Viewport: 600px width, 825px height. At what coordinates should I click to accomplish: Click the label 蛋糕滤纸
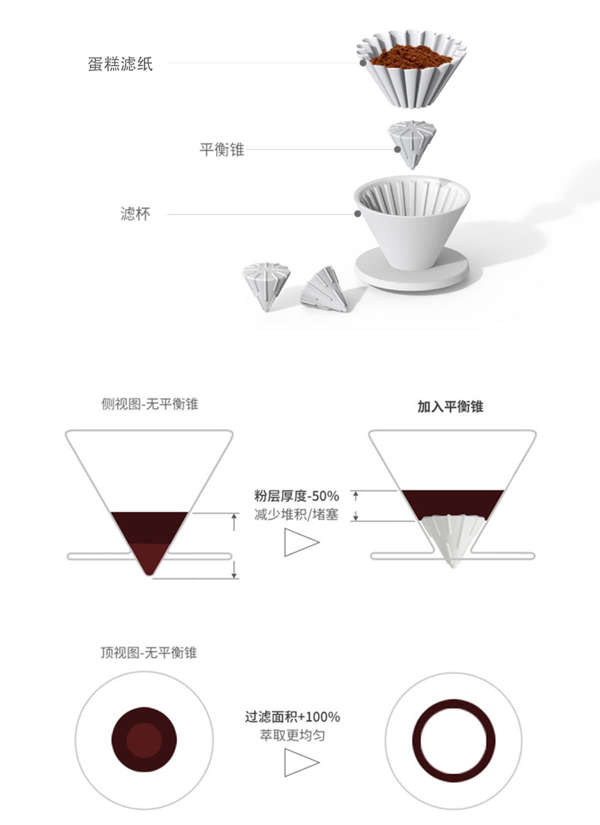tap(120, 64)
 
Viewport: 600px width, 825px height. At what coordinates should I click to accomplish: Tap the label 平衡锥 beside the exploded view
tap(221, 150)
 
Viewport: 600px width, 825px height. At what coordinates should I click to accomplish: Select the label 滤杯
tap(135, 214)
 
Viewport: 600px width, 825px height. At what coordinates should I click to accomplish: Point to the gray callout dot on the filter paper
tap(362, 63)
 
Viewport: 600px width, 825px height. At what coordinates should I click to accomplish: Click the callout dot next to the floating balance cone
tap(397, 149)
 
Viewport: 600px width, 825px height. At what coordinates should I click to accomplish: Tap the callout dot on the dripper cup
tap(357, 214)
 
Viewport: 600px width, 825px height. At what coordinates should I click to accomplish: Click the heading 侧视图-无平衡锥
tap(149, 404)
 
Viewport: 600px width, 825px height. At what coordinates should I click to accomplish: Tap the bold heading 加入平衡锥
tap(450, 406)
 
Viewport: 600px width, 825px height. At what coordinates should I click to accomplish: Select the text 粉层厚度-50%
tap(296, 496)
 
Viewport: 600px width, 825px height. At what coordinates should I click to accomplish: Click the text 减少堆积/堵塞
tap(296, 514)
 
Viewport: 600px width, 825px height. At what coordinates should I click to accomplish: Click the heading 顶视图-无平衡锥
tap(148, 652)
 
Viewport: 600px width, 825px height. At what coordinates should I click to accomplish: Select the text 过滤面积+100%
tap(292, 716)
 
